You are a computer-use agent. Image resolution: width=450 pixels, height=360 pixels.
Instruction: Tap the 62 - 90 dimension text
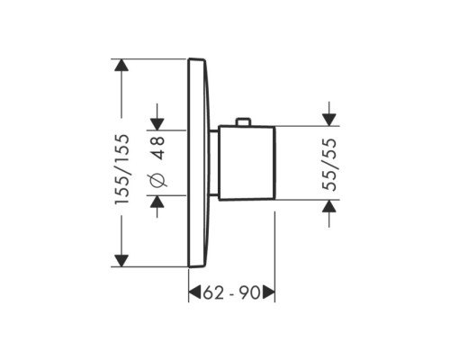232,292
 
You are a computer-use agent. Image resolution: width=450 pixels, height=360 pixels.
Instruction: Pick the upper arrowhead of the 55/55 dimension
329,119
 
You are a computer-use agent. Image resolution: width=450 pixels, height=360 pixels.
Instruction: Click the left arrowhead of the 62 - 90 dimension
193,293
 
